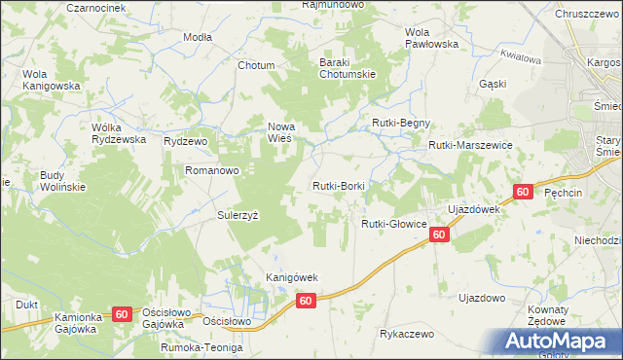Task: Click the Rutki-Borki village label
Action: [338, 185]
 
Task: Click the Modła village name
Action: [198, 36]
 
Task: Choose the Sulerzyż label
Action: [237, 216]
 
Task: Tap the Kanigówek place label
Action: [292, 277]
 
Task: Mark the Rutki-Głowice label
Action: [394, 224]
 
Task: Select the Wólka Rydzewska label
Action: [118, 132]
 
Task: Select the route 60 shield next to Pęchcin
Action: [523, 192]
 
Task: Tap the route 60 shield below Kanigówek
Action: [306, 302]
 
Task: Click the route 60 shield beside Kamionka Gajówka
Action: [121, 313]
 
